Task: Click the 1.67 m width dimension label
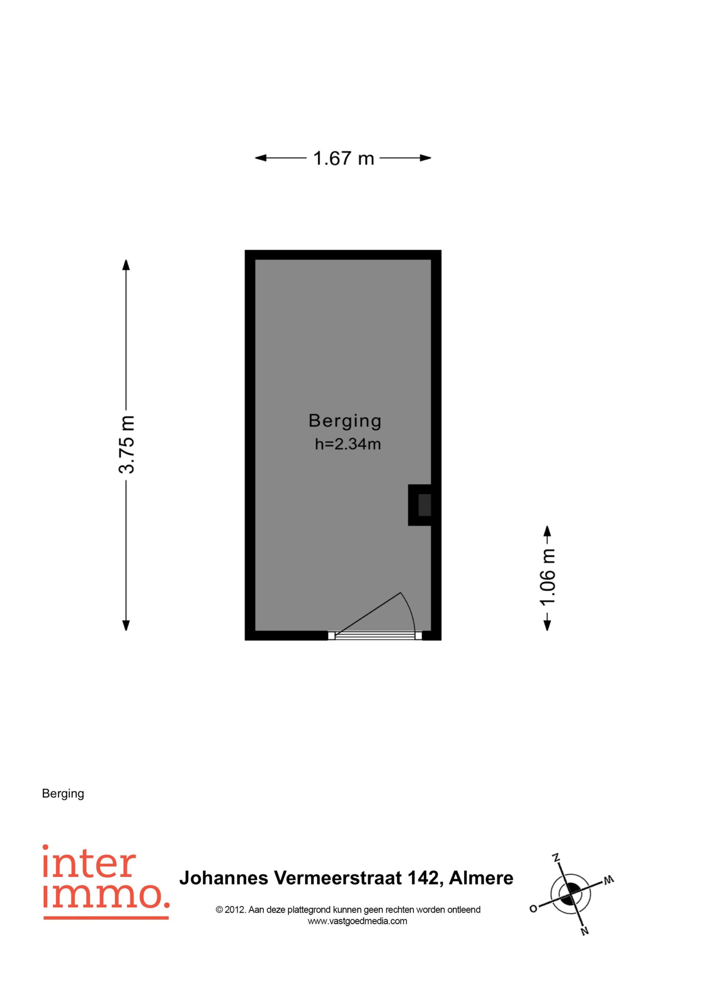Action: pyautogui.click(x=344, y=158)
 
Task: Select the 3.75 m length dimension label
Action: pyautogui.click(x=127, y=444)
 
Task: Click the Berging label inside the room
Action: pyautogui.click(x=345, y=421)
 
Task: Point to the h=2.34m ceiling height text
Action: pyautogui.click(x=348, y=444)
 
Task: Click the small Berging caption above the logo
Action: pyautogui.click(x=63, y=794)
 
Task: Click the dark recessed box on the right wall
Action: pyautogui.click(x=424, y=505)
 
